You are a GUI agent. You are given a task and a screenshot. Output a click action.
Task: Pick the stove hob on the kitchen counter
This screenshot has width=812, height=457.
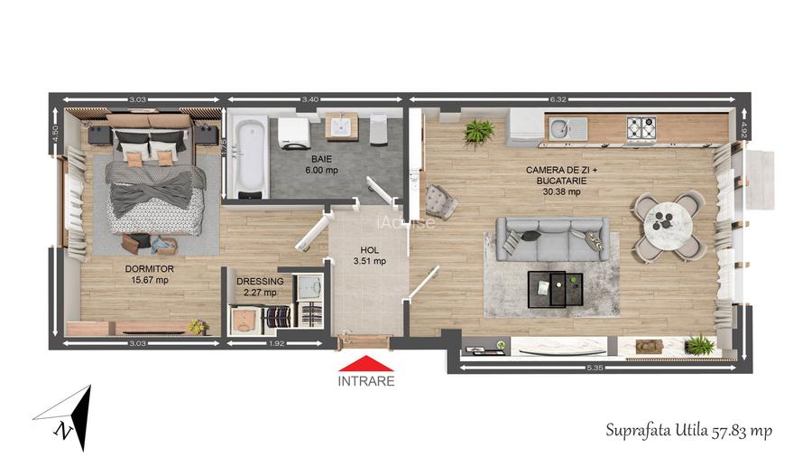tap(642, 128)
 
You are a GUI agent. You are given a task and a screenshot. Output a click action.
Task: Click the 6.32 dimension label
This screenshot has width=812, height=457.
tap(583, 99)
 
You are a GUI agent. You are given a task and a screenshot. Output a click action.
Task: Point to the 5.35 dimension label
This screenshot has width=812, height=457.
tap(594, 368)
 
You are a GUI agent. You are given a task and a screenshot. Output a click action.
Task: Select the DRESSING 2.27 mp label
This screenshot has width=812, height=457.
tap(260, 286)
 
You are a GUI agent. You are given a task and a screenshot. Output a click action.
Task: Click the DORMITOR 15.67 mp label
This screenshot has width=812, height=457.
tap(149, 274)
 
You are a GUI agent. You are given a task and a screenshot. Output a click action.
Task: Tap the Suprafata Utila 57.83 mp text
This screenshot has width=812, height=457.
tap(688, 430)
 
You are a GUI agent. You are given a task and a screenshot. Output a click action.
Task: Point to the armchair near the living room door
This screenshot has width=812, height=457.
tap(441, 199)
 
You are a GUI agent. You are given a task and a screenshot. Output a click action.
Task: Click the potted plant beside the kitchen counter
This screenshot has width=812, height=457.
tap(479, 133)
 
